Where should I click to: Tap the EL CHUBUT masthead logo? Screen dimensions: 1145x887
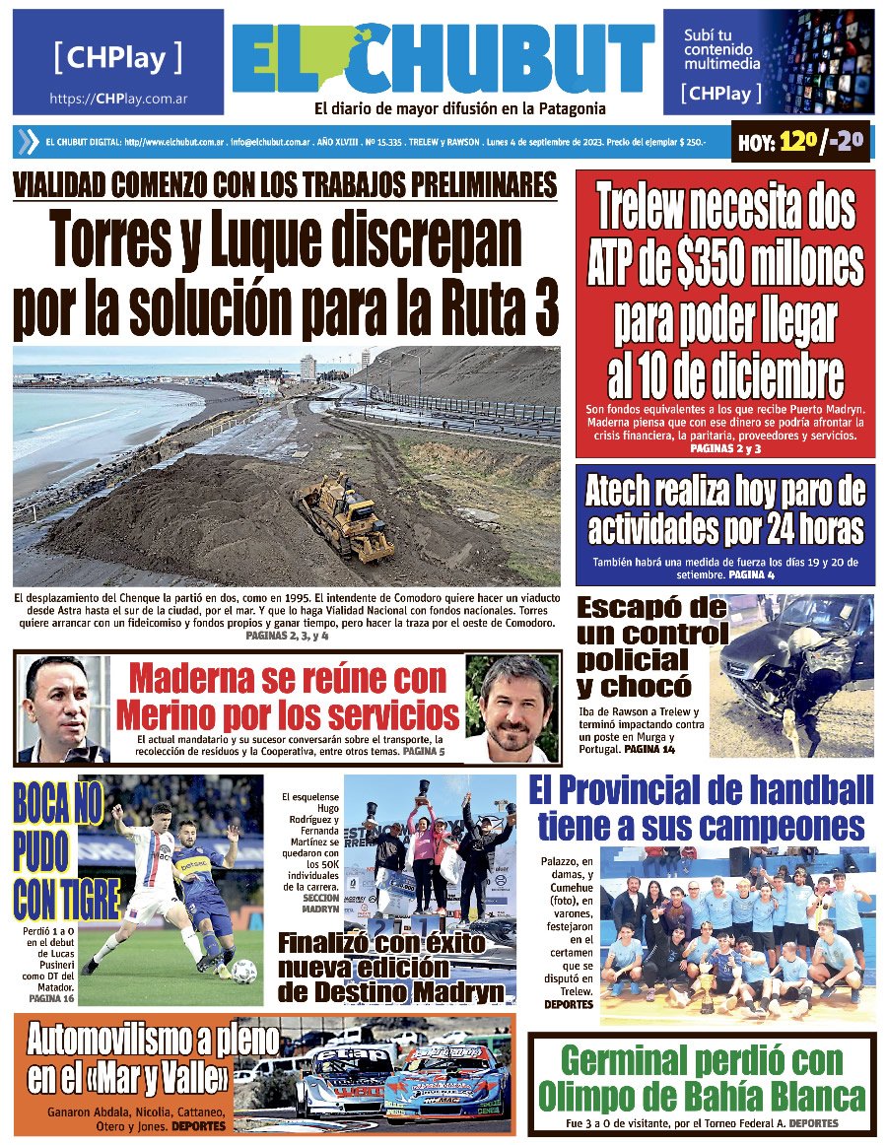click(x=443, y=60)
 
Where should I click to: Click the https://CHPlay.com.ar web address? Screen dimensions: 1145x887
click(x=118, y=99)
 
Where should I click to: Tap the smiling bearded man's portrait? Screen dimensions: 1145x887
click(x=512, y=706)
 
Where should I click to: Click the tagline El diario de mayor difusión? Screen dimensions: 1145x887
click(x=459, y=108)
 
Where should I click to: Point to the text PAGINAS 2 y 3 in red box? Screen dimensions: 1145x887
click(x=724, y=448)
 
